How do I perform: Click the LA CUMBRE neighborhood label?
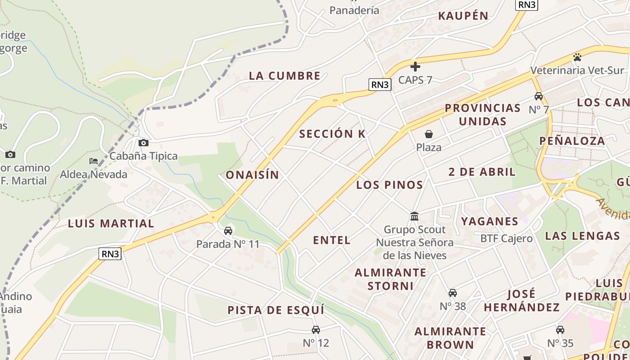(x=284, y=76)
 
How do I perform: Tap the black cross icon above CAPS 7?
(x=415, y=67)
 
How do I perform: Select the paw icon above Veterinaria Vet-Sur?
(x=577, y=57)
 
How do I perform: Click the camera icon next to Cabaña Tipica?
(x=144, y=143)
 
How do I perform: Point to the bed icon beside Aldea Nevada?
(x=94, y=161)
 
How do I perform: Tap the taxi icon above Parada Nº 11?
(x=228, y=231)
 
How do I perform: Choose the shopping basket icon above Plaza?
(x=429, y=134)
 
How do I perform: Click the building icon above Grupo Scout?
(x=414, y=216)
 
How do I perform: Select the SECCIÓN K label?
(x=332, y=134)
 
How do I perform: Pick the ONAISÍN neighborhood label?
(x=252, y=175)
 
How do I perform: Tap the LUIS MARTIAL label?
(x=111, y=223)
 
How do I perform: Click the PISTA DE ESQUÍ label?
(x=276, y=310)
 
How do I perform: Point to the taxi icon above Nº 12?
(x=316, y=330)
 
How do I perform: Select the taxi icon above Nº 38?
(x=453, y=293)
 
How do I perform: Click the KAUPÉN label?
(x=463, y=16)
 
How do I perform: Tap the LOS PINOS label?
(x=389, y=184)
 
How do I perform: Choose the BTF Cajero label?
(x=506, y=238)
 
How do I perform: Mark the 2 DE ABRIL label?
(x=482, y=171)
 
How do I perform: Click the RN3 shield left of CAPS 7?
(x=380, y=84)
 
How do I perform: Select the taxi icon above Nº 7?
(x=539, y=96)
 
